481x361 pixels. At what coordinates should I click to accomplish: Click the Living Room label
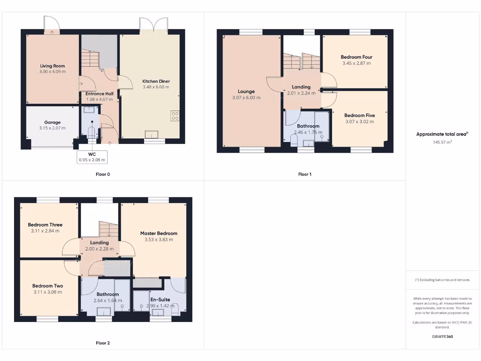(53, 66)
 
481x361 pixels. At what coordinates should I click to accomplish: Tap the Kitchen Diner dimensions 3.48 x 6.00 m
(156, 87)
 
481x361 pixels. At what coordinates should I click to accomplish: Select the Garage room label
(53, 122)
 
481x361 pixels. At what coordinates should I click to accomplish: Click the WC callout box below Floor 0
(92, 157)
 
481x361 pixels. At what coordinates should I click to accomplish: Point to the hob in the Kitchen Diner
(175, 116)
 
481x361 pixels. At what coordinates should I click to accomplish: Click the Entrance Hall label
(99, 94)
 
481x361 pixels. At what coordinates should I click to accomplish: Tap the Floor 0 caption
(102, 174)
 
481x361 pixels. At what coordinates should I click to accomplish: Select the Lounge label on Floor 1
(246, 92)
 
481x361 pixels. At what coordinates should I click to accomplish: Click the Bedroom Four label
(357, 57)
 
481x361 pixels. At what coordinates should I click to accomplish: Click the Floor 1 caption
(304, 174)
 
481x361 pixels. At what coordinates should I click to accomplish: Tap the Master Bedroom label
(159, 233)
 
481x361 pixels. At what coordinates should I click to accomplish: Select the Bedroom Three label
(45, 225)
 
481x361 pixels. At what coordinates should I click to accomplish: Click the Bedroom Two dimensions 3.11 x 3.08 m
(47, 292)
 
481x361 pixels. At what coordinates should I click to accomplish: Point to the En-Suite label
(160, 299)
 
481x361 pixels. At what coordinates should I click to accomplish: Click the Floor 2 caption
(102, 343)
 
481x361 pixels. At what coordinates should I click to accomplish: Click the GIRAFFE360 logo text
(442, 337)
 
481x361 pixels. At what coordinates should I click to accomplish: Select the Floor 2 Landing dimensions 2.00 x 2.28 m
(97, 249)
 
